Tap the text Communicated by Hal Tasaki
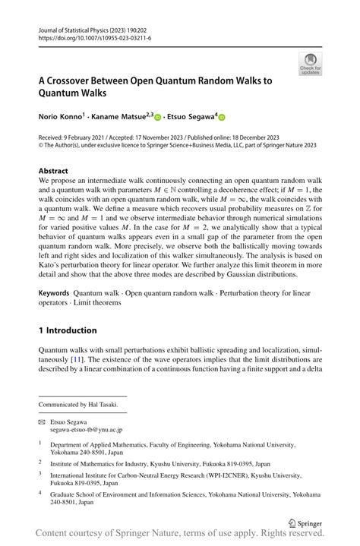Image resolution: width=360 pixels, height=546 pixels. click(78, 405)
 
